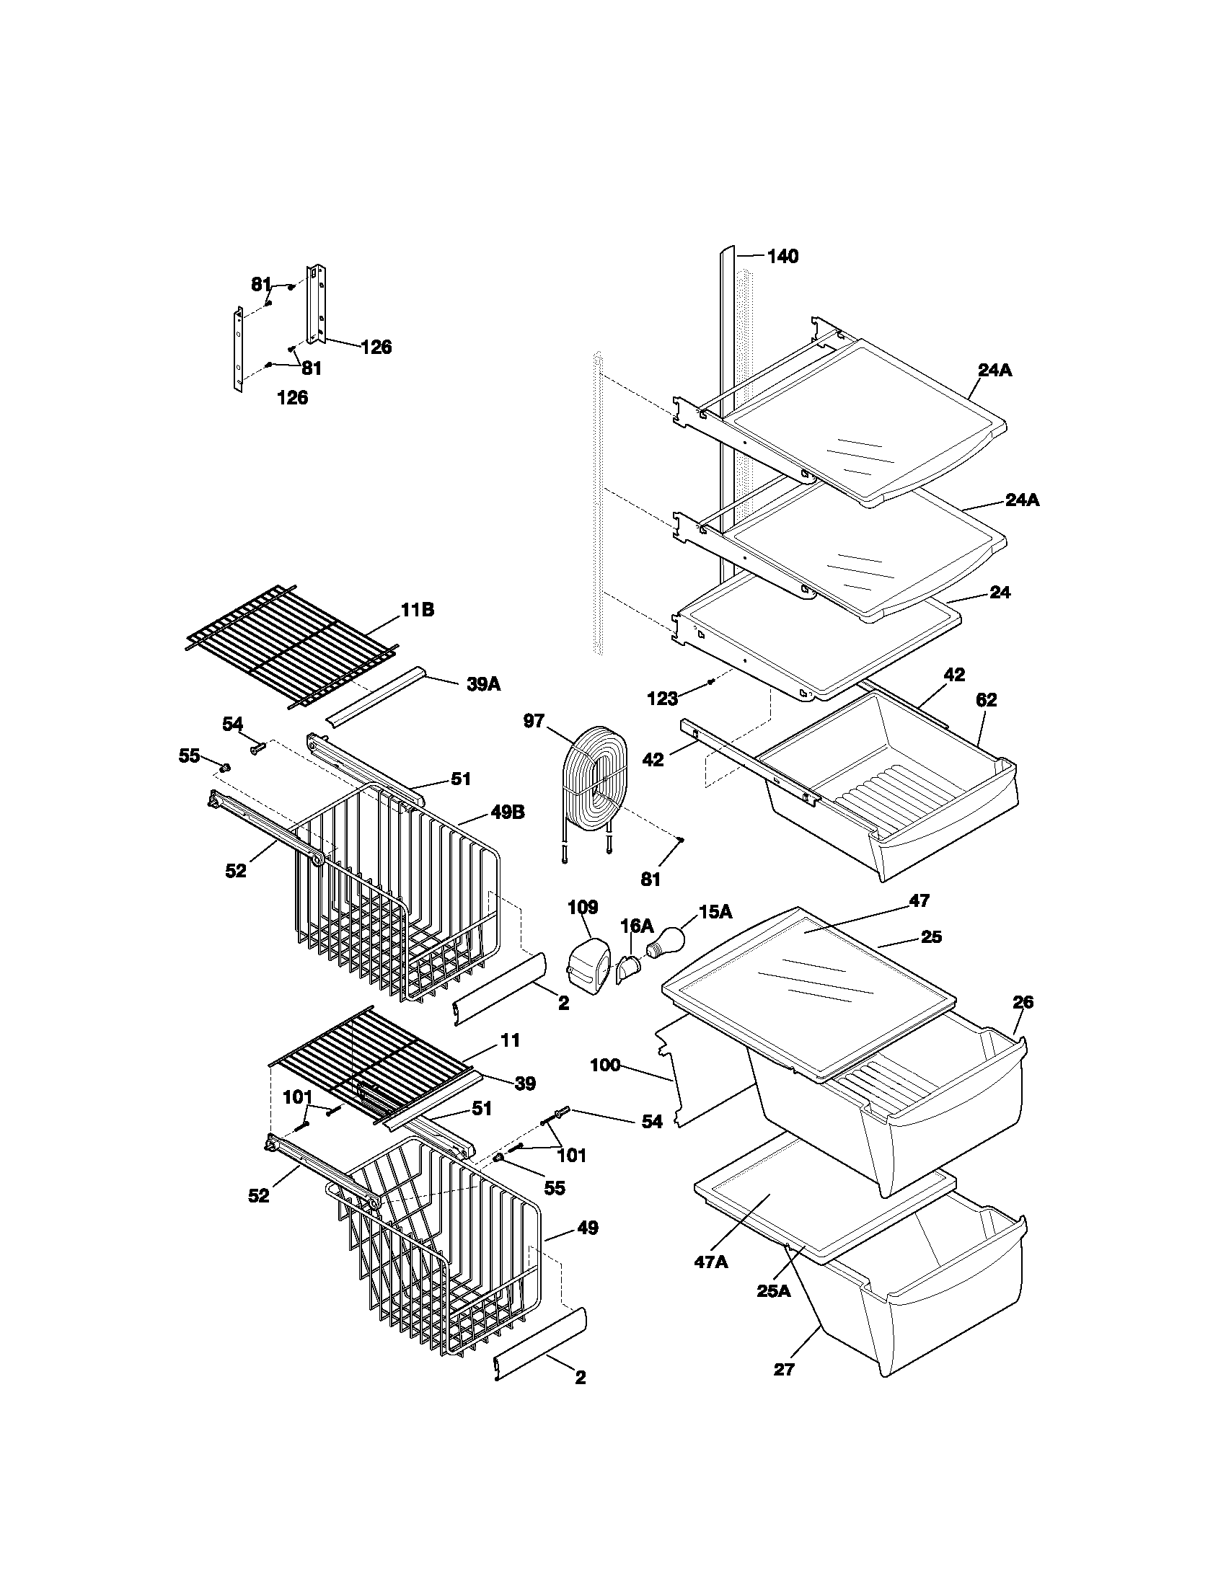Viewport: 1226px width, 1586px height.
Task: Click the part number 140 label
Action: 782,257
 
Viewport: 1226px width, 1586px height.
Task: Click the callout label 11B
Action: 417,610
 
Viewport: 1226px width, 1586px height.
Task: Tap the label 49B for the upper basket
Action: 508,812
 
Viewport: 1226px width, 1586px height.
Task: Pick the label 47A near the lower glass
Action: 710,1262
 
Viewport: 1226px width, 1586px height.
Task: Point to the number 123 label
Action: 662,699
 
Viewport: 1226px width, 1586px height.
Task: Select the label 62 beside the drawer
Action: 987,699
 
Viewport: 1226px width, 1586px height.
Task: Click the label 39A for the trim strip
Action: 483,683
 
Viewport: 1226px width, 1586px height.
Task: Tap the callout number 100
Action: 605,1066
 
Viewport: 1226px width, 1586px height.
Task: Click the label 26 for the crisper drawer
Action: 1023,1002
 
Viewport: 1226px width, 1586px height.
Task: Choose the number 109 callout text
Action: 583,906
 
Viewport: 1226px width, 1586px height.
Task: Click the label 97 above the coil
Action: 534,721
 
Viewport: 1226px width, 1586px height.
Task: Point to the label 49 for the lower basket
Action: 587,1228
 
